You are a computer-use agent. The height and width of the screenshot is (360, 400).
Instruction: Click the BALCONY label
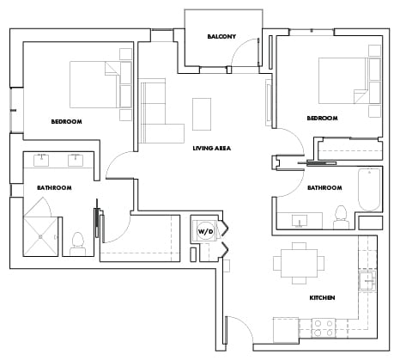[221, 37]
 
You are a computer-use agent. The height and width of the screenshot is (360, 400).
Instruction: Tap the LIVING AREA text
[211, 149]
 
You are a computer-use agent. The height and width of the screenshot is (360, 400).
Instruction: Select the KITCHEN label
[322, 297]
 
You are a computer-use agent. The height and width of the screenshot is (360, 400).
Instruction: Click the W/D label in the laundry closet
[205, 232]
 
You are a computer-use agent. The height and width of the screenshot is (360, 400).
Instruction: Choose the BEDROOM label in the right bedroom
[322, 118]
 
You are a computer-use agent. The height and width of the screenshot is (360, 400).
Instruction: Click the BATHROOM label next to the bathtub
[325, 187]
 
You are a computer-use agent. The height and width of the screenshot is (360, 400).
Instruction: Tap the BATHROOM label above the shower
[53, 187]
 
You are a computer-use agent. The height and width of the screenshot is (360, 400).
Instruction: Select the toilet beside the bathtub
[341, 213]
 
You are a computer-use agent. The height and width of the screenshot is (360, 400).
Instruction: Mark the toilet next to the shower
[78, 241]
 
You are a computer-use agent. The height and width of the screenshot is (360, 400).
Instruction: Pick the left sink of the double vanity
[41, 160]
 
